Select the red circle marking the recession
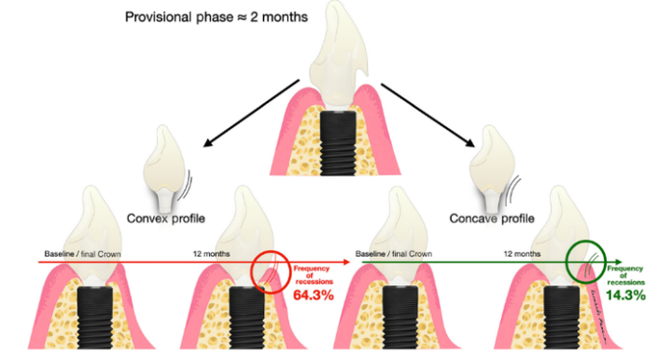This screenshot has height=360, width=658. tap(271, 270)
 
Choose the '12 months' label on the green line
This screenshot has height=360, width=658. tap(523, 254)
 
